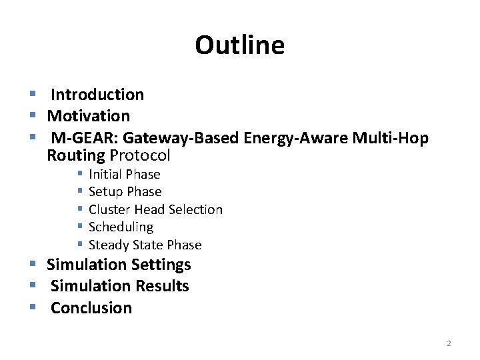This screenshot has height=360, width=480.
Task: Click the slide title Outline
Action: tap(240, 45)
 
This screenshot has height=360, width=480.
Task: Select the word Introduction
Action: tap(97, 95)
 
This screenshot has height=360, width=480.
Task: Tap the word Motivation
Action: tap(89, 116)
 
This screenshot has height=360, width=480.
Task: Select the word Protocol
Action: tap(140, 156)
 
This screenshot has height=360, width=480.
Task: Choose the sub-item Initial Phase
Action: tap(125, 174)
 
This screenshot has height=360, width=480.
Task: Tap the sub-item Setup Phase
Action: tap(125, 192)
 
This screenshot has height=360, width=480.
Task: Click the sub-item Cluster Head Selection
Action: tap(155, 209)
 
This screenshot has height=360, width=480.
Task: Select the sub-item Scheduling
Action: tap(121, 227)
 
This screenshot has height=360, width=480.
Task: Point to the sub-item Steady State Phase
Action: tap(145, 245)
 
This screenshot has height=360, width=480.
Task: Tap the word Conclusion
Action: tap(91, 308)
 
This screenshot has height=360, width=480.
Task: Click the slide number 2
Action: tap(449, 343)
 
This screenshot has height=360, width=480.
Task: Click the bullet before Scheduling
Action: tap(79, 227)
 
